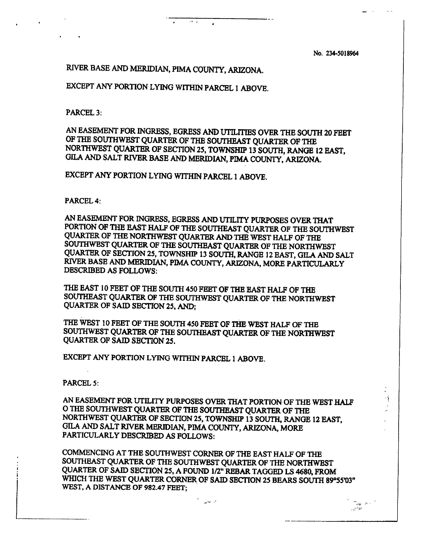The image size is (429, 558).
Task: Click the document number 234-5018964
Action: [x=342, y=54]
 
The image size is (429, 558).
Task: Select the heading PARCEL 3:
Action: [x=84, y=113]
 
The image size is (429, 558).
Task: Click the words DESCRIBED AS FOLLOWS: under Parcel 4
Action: [x=111, y=270]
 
